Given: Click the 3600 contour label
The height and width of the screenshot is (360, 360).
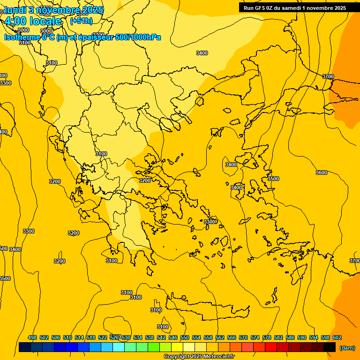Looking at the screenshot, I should pyautogui.click(x=321, y=172).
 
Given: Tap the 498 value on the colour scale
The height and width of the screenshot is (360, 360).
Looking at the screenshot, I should pyautogui.click(x=32, y=337).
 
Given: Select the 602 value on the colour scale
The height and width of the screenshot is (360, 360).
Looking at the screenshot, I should pyautogui.click(x=337, y=337).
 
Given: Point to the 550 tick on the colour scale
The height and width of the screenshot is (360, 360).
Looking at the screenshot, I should pyautogui.click(x=185, y=337).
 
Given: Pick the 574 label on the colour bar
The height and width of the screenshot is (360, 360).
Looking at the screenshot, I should pyautogui.click(x=255, y=337).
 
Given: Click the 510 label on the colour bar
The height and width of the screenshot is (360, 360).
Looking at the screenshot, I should pyautogui.click(x=67, y=337).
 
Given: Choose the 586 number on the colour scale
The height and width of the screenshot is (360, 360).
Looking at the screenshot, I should pyautogui.click(x=290, y=337).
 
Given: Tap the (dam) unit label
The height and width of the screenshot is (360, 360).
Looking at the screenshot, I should pyautogui.click(x=347, y=347).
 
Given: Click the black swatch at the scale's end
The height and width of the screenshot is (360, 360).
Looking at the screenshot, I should pyautogui.click(x=330, y=347).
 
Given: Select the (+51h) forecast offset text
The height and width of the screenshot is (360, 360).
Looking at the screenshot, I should pyautogui.click(x=81, y=21).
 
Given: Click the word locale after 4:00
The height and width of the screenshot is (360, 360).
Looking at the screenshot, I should pyautogui.click(x=45, y=21).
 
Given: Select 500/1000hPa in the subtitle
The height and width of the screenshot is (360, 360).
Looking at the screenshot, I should pyautogui.click(x=139, y=37).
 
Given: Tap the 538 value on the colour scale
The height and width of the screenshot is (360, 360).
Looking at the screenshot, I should pyautogui.click(x=150, y=337).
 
